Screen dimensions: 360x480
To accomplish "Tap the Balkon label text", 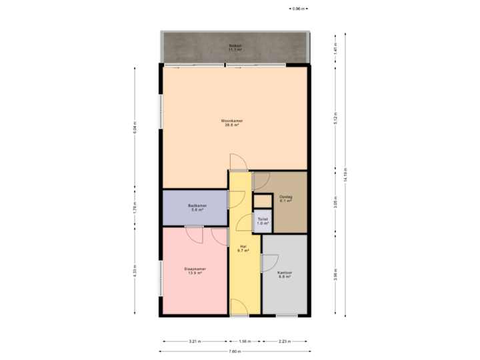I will click(235, 46).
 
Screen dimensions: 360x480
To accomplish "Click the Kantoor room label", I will click(285, 274).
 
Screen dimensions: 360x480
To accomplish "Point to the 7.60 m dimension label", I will click(234, 351).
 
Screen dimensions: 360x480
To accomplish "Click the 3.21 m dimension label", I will click(194, 341).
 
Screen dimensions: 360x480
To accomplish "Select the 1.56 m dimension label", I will click(245, 341).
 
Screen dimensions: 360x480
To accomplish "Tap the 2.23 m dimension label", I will click(284, 341).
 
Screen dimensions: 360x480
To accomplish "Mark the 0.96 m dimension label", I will click(298, 9).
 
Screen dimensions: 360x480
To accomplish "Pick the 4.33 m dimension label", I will click(135, 271).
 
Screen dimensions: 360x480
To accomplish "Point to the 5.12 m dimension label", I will click(335, 117).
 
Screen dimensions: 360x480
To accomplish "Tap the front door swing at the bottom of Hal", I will click(238, 307).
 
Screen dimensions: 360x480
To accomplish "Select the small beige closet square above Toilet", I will click(263, 201).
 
